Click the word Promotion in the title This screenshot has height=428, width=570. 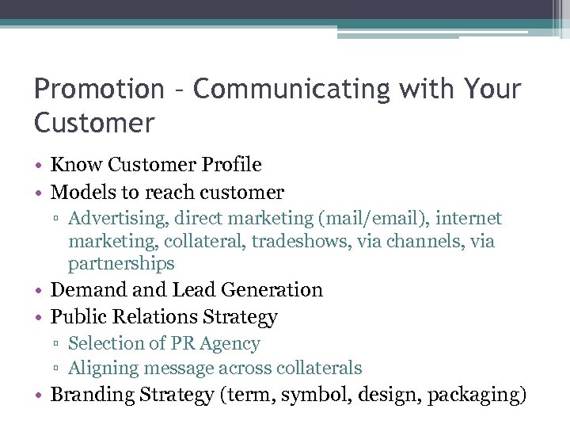[x=97, y=89]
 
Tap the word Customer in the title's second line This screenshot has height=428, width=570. [x=94, y=123]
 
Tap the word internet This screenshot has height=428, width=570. [x=473, y=218]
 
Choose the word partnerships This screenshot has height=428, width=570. [x=121, y=263]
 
